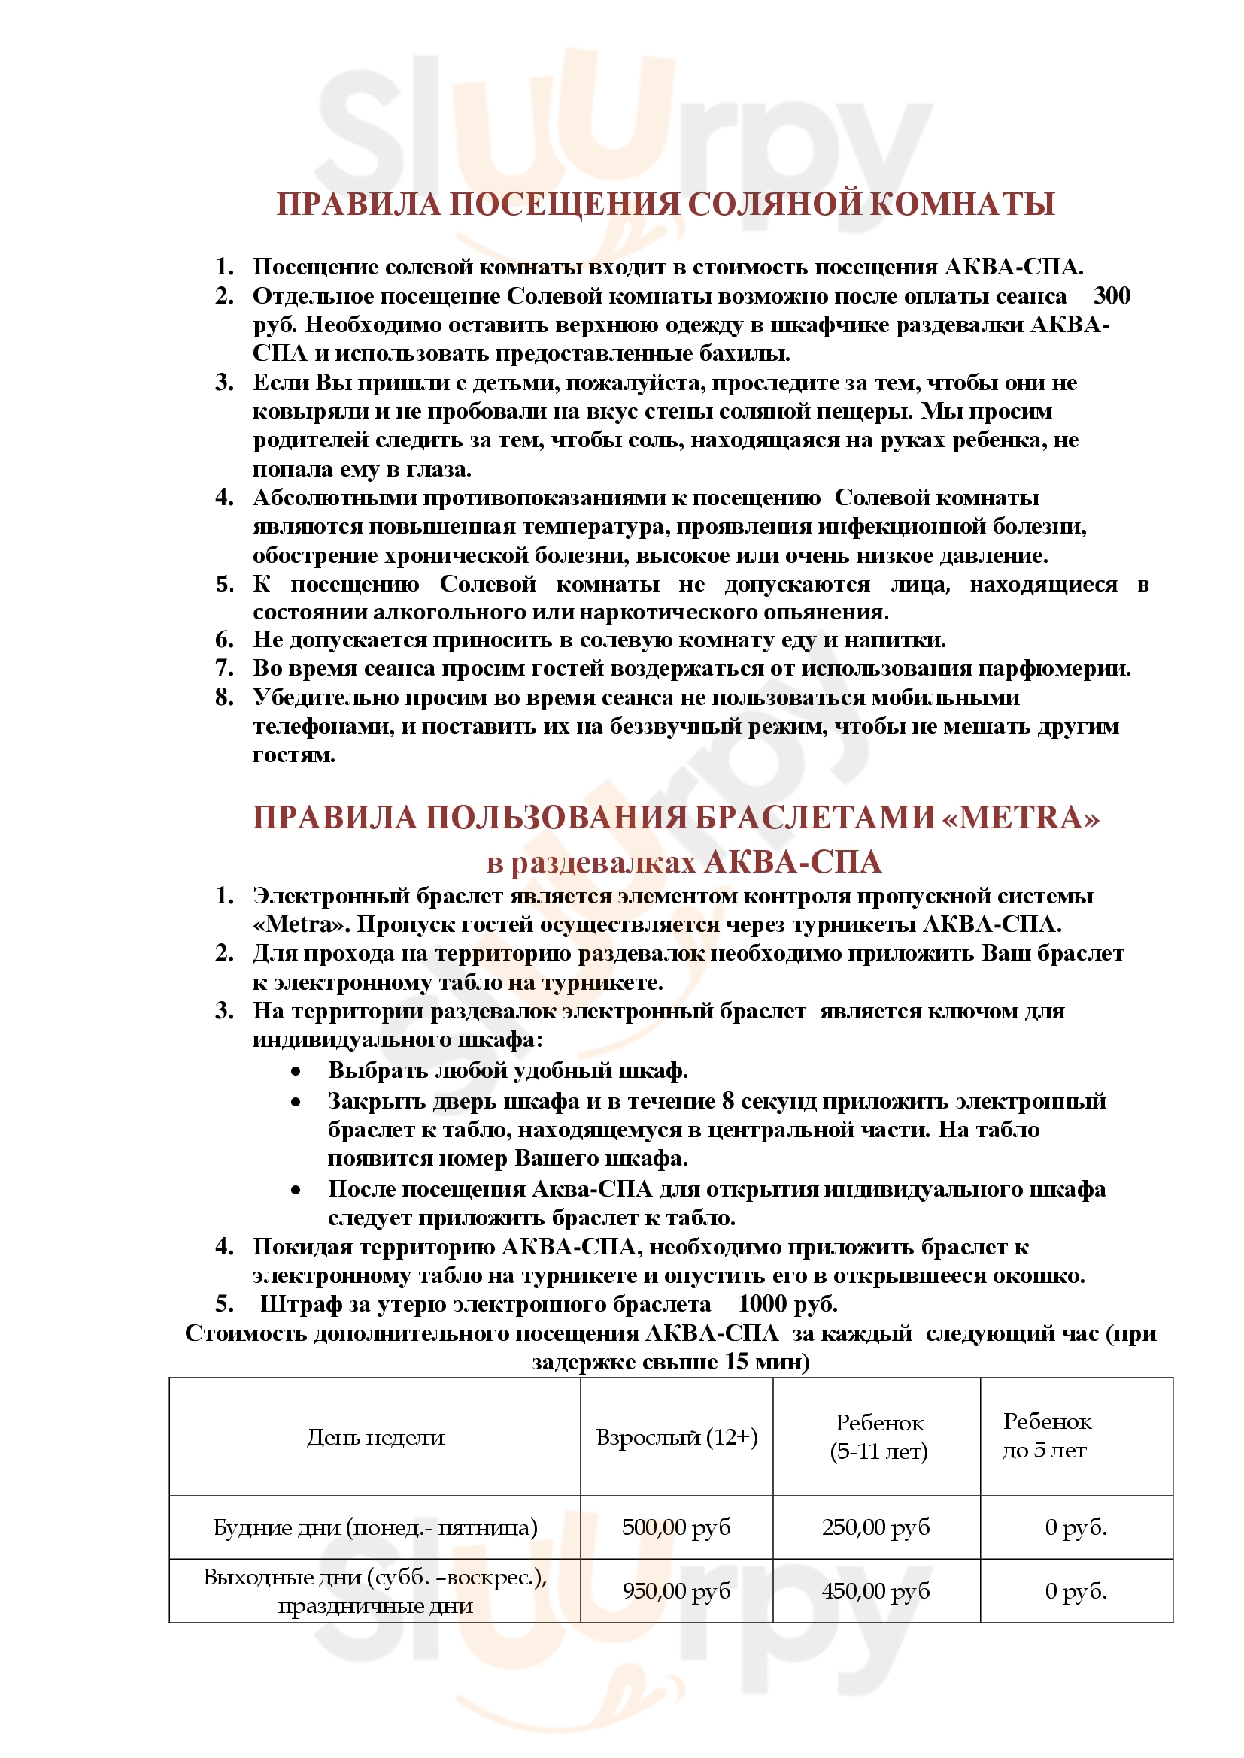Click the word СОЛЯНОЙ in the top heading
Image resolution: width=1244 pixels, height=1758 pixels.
[775, 204]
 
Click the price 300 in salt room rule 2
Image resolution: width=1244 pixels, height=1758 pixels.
[1112, 295]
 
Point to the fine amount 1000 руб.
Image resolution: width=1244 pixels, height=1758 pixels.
[787, 1303]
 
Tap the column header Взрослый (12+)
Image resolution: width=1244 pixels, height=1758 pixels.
[676, 1437]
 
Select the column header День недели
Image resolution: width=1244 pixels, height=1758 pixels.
[375, 1437]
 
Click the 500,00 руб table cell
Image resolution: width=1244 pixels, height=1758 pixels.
[676, 1527]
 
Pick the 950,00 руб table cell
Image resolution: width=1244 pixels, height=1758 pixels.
[676, 1591]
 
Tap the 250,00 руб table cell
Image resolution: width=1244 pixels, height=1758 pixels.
[875, 1527]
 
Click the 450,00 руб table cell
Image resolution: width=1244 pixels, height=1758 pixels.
[875, 1591]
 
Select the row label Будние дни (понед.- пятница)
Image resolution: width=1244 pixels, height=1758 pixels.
[375, 1528]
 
